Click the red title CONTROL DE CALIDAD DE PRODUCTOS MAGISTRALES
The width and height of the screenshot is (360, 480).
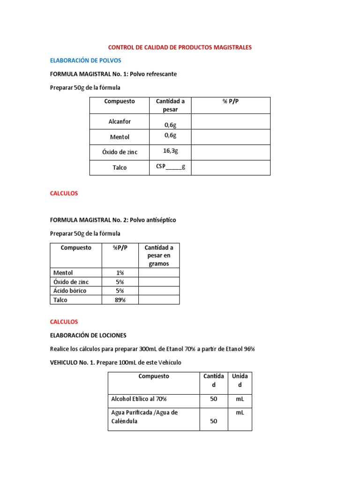180,47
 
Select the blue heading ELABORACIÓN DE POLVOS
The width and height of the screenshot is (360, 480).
85,60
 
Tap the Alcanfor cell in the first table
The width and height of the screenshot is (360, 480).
120,121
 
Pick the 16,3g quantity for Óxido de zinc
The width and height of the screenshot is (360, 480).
170,151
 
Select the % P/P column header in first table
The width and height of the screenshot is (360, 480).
231,101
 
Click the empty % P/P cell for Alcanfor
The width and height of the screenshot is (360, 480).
231,121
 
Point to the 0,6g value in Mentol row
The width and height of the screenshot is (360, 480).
170,135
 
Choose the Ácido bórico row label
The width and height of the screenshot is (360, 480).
70,291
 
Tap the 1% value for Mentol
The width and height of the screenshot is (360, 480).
120,272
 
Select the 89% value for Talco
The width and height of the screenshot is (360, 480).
120,300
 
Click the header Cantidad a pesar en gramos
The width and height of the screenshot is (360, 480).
159,255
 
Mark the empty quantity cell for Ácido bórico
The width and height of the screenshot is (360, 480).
159,291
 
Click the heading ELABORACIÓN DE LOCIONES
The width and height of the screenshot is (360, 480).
88,335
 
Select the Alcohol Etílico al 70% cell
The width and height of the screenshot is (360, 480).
139,399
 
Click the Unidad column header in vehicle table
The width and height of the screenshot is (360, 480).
240,380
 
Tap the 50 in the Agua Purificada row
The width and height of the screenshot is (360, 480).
213,421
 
